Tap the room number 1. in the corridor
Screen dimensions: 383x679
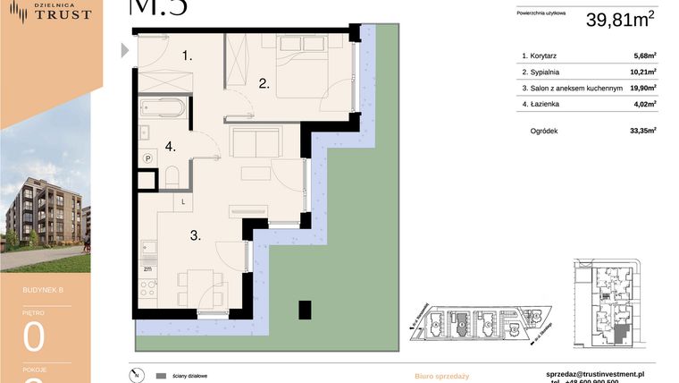187,55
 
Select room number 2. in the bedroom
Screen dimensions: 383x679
264,84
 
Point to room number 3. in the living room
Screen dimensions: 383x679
194,237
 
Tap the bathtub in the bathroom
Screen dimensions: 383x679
163,111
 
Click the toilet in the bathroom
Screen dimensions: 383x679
174,174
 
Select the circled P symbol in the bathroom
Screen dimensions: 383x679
149,158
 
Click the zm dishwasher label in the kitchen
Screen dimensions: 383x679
147,267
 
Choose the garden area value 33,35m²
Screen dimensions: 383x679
642,131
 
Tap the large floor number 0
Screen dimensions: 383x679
34,337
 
